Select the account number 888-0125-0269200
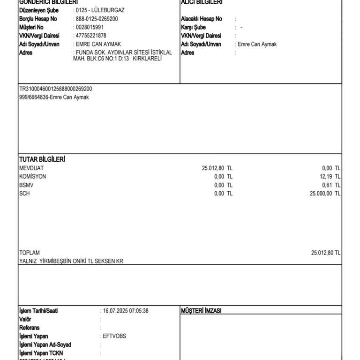point(97,19)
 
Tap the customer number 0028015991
point(90,27)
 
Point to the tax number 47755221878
point(91,36)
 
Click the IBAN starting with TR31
point(55,89)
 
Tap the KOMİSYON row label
point(33,177)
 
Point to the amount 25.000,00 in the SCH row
point(321,194)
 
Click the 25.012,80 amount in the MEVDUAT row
point(213,168)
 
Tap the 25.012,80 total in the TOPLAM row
point(322,253)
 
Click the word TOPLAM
point(30,253)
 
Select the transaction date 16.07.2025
point(115,311)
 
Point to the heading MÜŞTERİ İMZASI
point(201,311)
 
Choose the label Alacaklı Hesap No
point(202,19)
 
